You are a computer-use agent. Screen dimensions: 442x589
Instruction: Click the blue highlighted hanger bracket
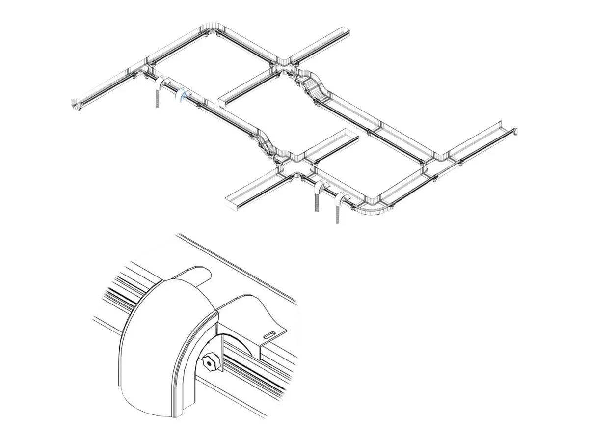coord(182,95)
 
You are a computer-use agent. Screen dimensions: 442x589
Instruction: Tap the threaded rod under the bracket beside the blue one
coord(158,100)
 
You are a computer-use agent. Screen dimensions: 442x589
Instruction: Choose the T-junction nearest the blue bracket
coord(144,69)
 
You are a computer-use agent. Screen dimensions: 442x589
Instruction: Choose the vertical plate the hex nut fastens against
coord(219,354)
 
